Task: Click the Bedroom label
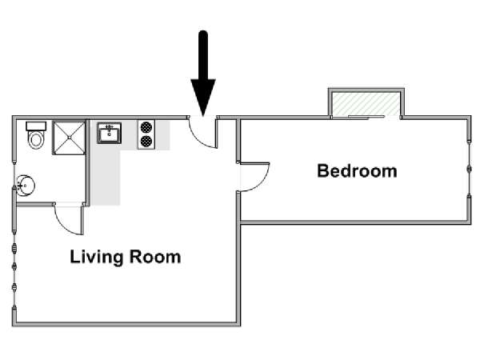tap(357, 171)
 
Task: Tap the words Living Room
tap(126, 257)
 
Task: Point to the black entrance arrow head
tap(203, 98)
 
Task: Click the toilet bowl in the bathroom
tap(36, 140)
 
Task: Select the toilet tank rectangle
tap(36, 126)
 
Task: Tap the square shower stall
tap(69, 138)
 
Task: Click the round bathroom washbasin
tap(26, 186)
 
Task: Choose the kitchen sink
tap(110, 133)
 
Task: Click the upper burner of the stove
tap(146, 127)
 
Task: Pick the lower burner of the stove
tap(146, 141)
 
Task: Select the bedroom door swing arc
tap(262, 182)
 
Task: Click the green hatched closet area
tap(366, 104)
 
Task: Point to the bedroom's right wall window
tap(469, 168)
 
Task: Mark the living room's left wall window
tap(14, 267)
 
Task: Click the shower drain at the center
tap(69, 138)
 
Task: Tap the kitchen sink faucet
tap(110, 127)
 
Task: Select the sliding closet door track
tap(366, 117)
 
